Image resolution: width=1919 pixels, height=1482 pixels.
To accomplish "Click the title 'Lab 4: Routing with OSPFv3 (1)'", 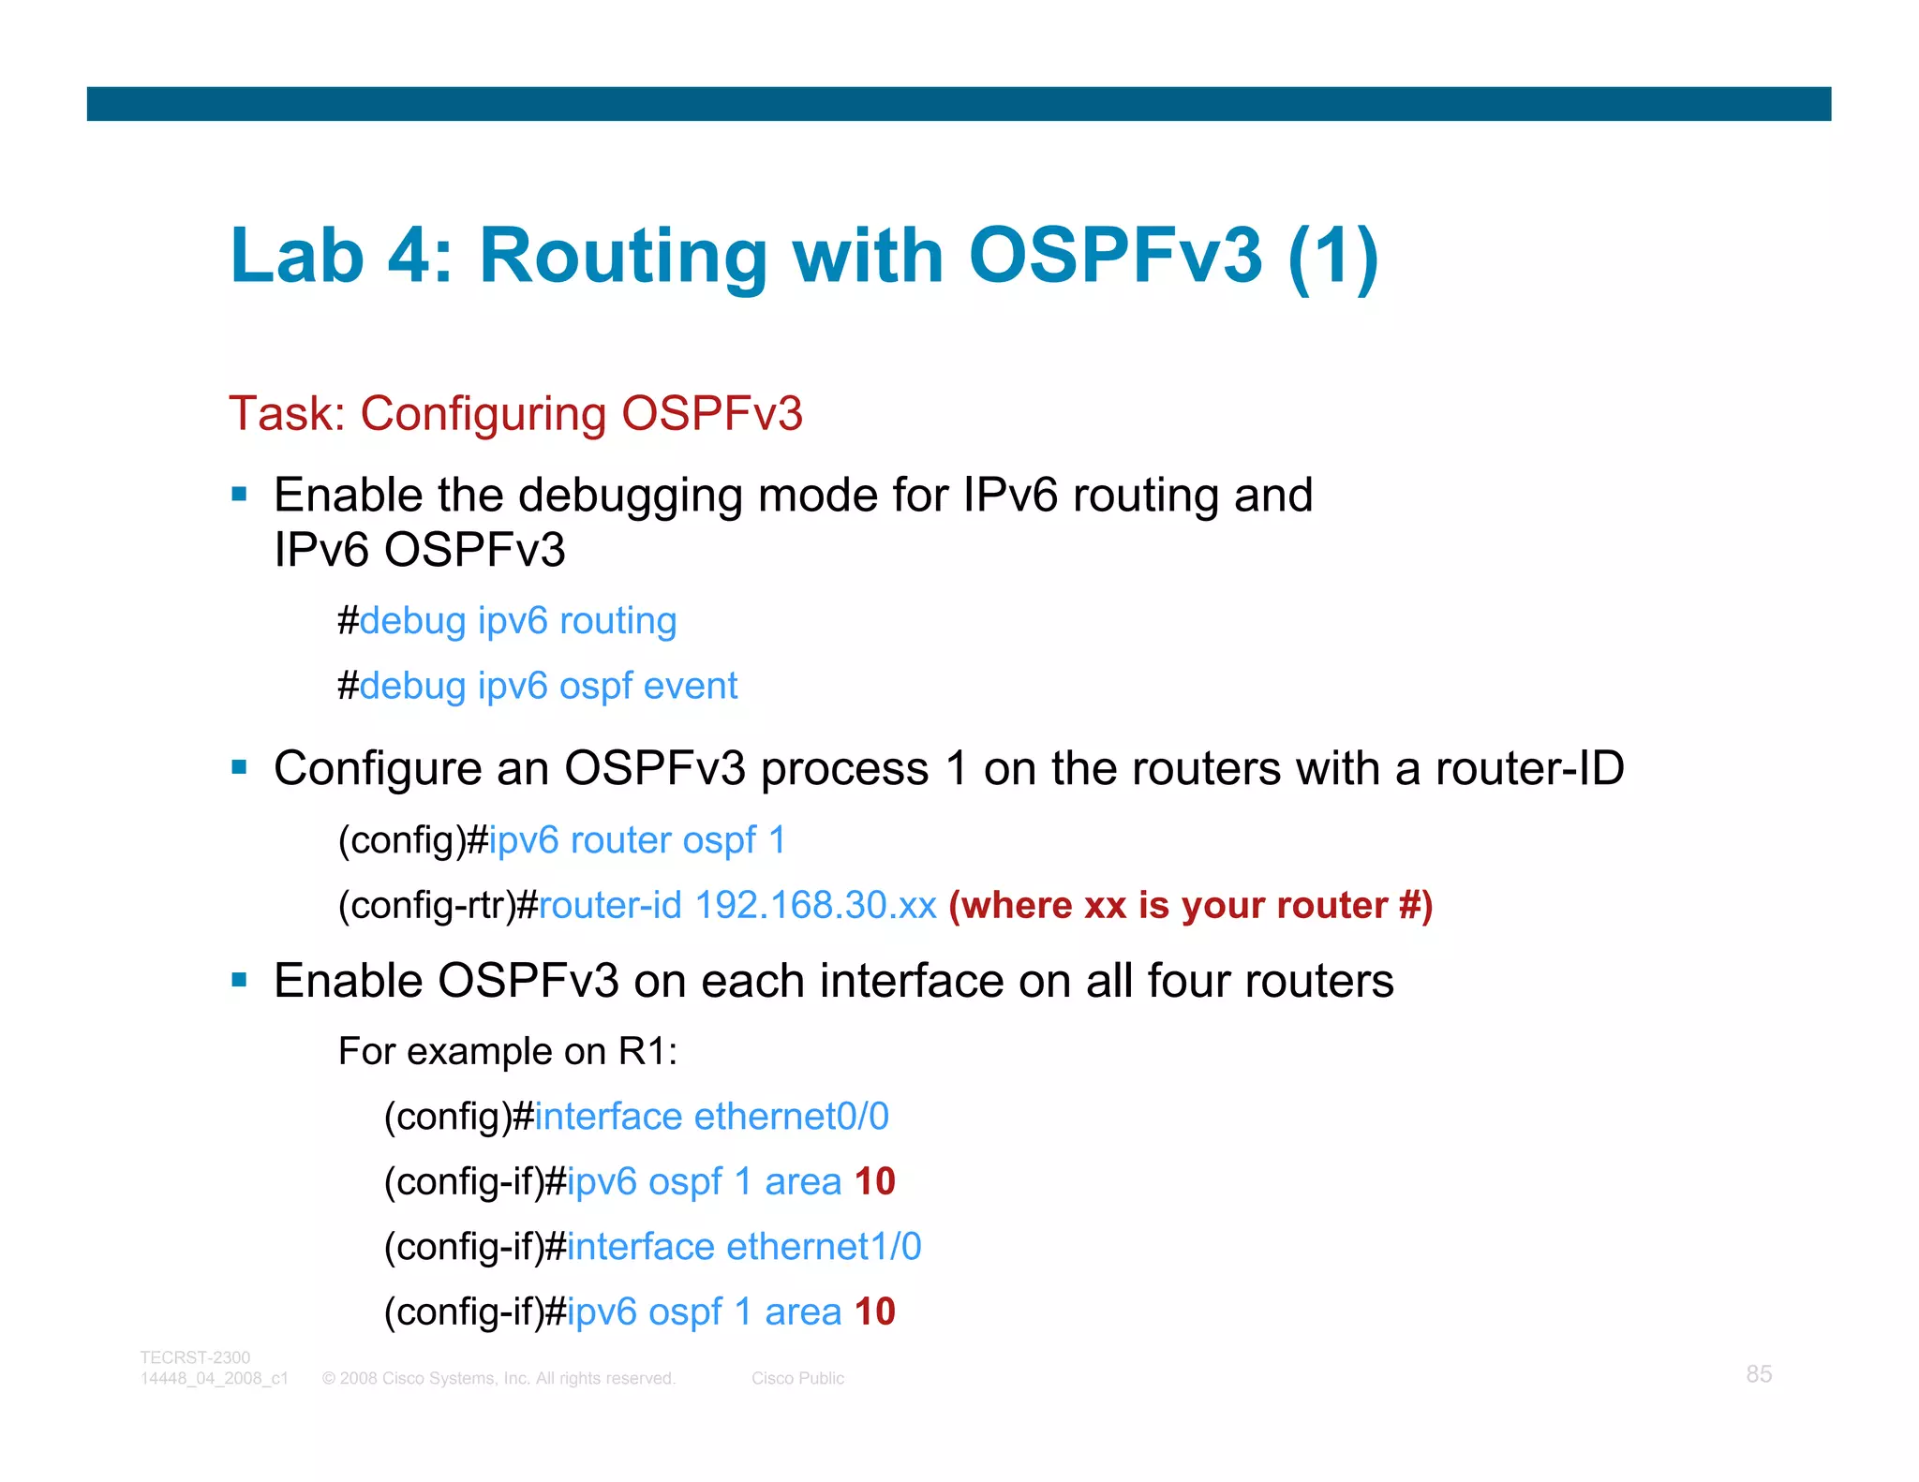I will pos(804,256).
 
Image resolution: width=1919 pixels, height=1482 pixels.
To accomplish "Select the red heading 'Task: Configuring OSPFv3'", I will pos(515,414).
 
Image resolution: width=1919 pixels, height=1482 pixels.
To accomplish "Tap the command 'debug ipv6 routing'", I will pos(518,621).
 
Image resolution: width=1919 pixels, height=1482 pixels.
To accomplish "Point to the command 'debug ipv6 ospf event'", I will pos(548,687).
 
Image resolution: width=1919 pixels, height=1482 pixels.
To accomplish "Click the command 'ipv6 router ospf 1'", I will pos(637,840).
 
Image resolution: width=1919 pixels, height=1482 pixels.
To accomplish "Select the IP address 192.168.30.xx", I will pos(815,906).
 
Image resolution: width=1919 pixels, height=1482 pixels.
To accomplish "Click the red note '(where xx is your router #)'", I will pos(1190,906).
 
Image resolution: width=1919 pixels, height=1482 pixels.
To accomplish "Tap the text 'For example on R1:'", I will pos(507,1052).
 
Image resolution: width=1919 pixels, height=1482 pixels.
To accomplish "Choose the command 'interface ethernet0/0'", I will pos(711,1117).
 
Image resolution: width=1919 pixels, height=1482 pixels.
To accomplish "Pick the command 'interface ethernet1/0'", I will pos(744,1247).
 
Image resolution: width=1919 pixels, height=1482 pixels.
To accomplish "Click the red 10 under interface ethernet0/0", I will pos(874,1182).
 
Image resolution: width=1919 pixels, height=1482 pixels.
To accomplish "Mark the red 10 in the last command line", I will pos(874,1312).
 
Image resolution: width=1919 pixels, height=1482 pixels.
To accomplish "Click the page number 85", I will pos(1758,1374).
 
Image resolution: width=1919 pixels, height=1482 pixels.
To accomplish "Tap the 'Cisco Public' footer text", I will pos(797,1379).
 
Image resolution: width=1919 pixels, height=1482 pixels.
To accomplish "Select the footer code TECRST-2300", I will pos(195,1357).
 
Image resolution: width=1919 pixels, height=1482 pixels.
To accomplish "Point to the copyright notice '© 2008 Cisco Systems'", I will pos(498,1379).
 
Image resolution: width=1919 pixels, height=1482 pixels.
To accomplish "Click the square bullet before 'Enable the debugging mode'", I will pos(240,494).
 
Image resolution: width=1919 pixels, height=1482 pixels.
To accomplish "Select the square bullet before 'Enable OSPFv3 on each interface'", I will pos(240,981).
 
